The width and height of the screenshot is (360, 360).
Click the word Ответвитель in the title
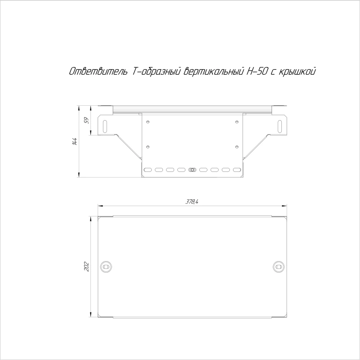pyautogui.click(x=98, y=72)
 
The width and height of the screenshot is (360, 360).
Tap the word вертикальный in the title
pyautogui.click(x=213, y=72)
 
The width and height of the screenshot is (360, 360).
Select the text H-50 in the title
pyautogui.click(x=257, y=72)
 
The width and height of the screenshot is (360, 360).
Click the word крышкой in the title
pyautogui.click(x=297, y=72)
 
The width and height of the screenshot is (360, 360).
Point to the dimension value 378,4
pyautogui.click(x=192, y=202)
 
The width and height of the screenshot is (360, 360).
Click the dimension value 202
pyautogui.click(x=86, y=266)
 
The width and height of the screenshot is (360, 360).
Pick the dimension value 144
pyautogui.click(x=74, y=141)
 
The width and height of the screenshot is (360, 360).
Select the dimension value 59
pyautogui.click(x=86, y=120)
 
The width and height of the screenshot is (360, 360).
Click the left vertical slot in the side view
pyautogui.click(x=105, y=126)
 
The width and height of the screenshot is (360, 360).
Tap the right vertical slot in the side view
pyautogui.click(x=280, y=126)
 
